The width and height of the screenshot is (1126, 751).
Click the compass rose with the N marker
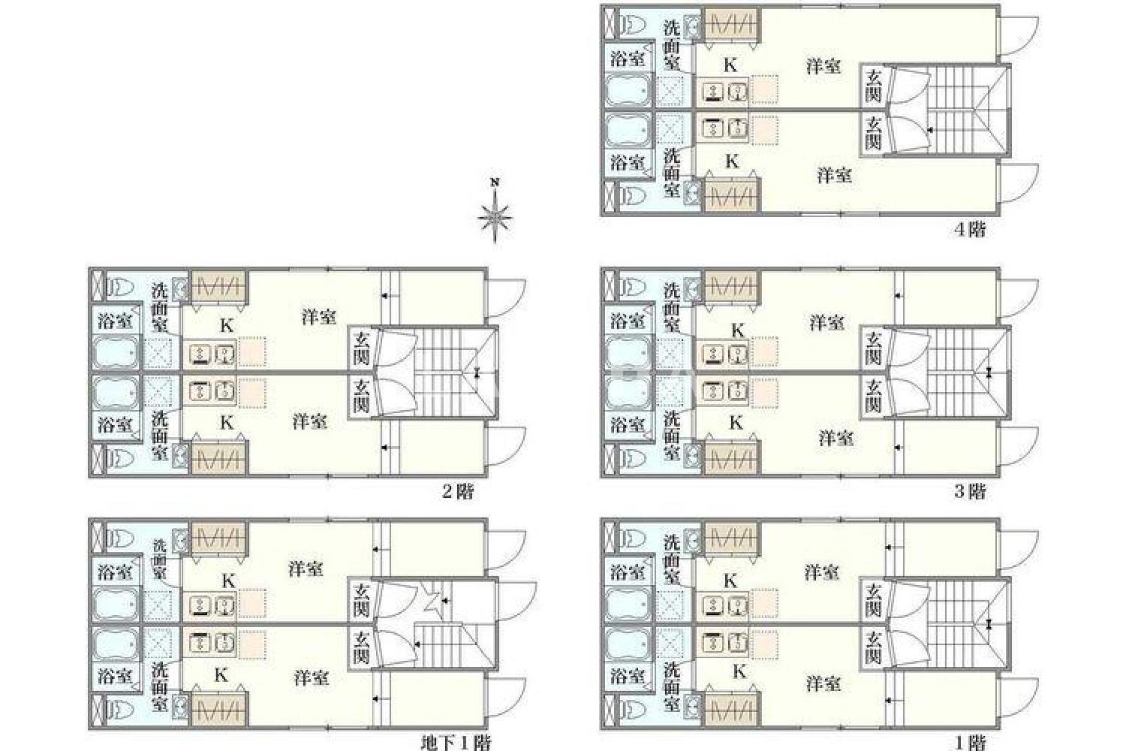pos(495,217)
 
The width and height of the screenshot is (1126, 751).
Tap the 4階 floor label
pos(970,229)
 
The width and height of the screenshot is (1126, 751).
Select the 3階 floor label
pos(970,491)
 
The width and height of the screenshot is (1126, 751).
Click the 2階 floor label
pos(457,491)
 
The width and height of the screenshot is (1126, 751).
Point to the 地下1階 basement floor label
pos(456,743)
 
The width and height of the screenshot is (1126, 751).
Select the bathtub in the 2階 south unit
pos(115,392)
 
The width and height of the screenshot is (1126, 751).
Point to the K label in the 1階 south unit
pos(739,671)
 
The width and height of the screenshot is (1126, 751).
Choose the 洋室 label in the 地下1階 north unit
pos(306,569)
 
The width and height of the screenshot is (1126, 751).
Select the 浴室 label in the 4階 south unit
pos(628,162)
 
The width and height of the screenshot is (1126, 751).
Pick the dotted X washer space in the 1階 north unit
pos(670,605)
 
